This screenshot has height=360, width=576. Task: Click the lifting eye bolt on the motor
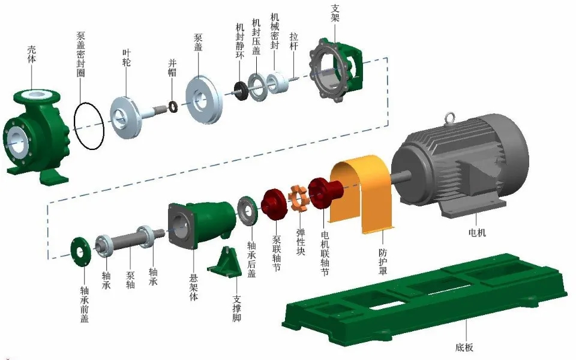point(449,118)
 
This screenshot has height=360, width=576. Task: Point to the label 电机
point(477,232)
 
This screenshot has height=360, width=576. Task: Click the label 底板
point(464,347)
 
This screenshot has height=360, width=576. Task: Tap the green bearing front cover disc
point(80,251)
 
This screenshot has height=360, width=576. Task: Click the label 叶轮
point(127,58)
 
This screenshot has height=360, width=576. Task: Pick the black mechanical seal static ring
point(241,91)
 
